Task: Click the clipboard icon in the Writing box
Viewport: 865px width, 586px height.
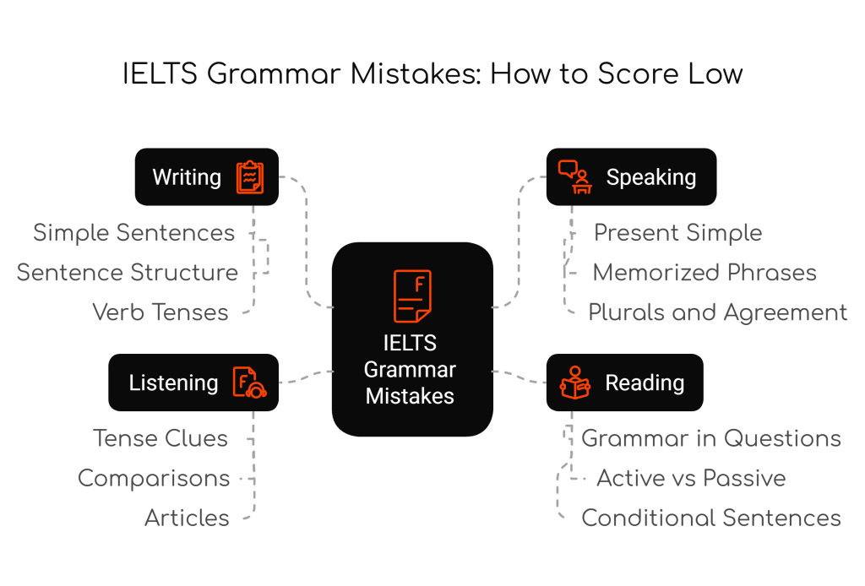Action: click(x=250, y=177)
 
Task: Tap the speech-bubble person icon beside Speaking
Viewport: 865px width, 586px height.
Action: click(x=574, y=177)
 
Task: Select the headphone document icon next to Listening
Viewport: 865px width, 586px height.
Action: click(x=250, y=382)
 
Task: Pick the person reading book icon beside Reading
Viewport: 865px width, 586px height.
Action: click(x=574, y=382)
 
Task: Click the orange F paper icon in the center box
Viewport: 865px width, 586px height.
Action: click(x=412, y=296)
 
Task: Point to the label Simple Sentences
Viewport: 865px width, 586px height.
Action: click(x=134, y=233)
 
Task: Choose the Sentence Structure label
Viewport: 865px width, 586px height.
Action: click(x=128, y=273)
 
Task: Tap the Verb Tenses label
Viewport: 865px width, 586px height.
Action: click(x=160, y=312)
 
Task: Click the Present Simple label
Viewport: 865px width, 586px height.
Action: click(x=678, y=233)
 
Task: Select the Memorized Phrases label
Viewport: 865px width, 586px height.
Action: click(x=705, y=273)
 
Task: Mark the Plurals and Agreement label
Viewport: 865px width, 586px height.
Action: click(x=718, y=312)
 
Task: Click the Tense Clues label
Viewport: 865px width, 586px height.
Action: click(x=160, y=438)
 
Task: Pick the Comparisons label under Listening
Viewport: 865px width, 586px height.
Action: click(x=154, y=479)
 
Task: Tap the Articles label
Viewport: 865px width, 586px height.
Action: click(x=187, y=518)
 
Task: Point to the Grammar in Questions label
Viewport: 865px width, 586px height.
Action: click(x=711, y=438)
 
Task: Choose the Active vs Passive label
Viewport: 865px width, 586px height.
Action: click(x=691, y=478)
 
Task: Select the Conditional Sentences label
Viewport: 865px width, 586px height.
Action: click(x=711, y=518)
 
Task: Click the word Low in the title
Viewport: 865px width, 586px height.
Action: click(x=715, y=73)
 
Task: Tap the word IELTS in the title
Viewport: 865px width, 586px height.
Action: click(x=160, y=73)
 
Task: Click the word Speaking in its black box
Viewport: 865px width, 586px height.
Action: click(x=651, y=177)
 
